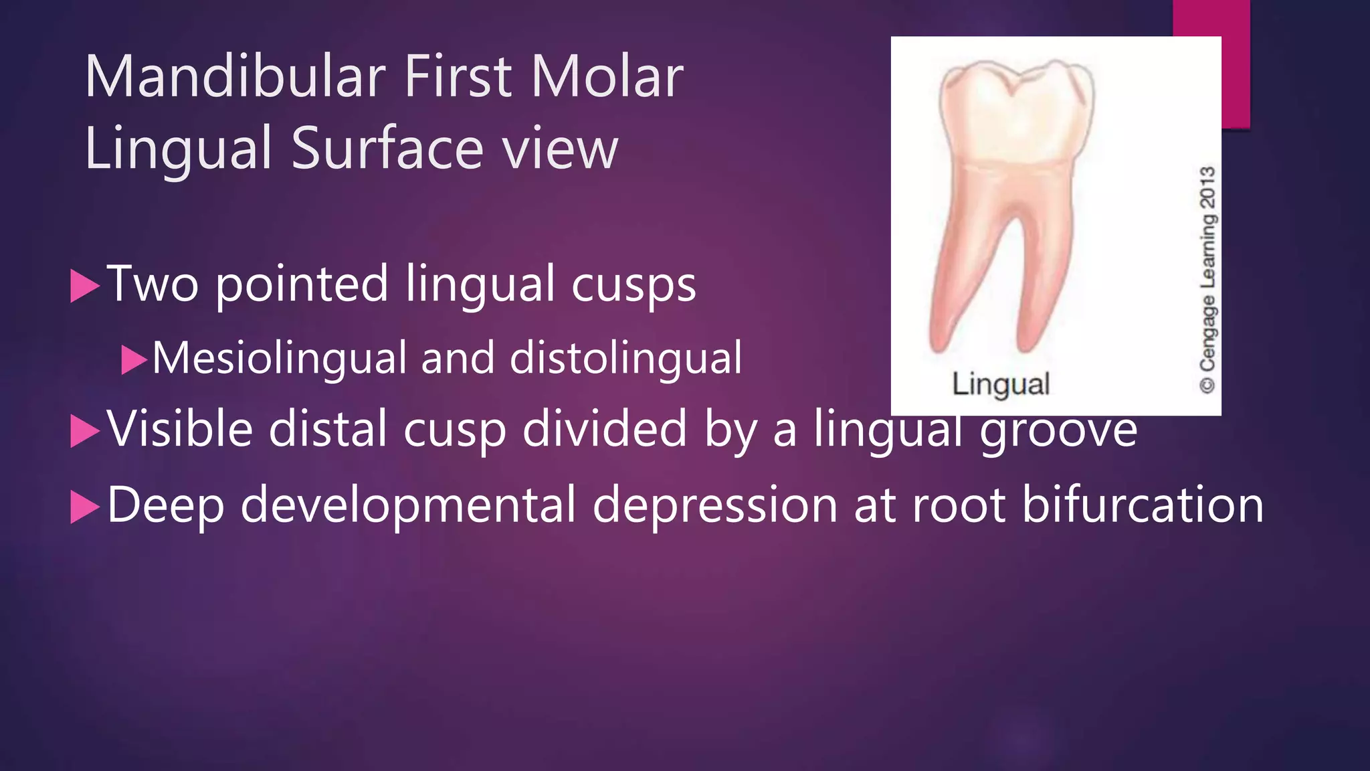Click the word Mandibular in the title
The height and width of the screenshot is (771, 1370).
235,77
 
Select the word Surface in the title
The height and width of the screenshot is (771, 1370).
388,149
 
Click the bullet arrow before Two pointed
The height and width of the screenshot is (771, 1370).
84,286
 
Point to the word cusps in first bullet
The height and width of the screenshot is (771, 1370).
633,285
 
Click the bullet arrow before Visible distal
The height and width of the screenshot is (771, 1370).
84,431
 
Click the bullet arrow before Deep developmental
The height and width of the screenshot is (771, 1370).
84,507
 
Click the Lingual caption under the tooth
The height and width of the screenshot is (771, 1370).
1000,384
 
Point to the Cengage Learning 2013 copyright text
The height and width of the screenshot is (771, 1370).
1207,279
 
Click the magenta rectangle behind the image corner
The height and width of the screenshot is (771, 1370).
1235,67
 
